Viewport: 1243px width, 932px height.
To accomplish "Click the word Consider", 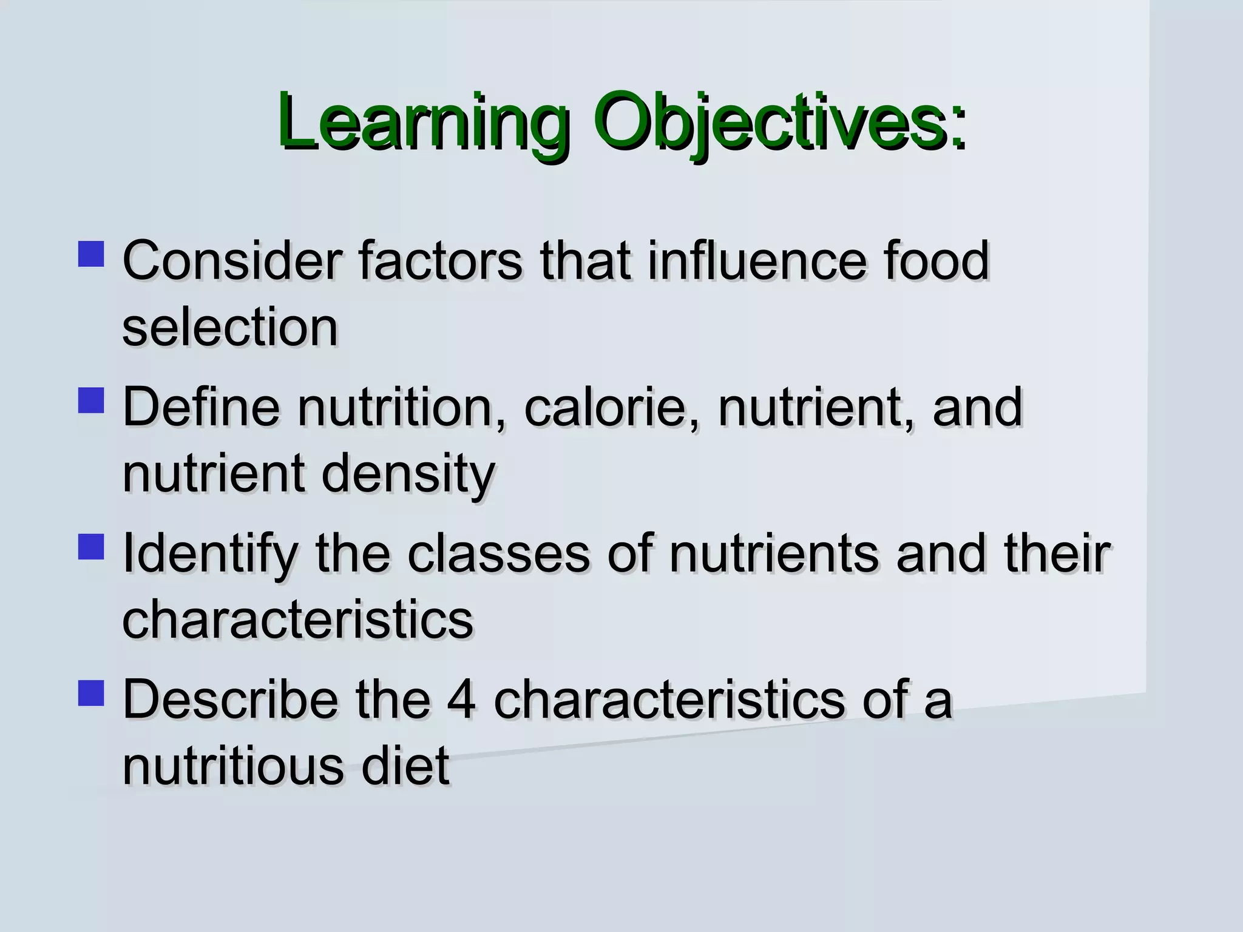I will pyautogui.click(x=232, y=261).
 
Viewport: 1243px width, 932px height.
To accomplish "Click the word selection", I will pyautogui.click(x=230, y=328).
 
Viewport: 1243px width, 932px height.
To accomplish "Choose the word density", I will pyautogui.click(x=408, y=474).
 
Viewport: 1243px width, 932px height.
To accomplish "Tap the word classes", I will pyautogui.click(x=498, y=553).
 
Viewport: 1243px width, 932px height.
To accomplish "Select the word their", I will pyautogui.click(x=1057, y=553).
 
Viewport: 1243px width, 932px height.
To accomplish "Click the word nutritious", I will pyautogui.click(x=233, y=766).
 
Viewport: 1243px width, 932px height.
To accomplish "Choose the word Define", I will pyautogui.click(x=201, y=407).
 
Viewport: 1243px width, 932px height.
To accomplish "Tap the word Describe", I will pyautogui.click(x=230, y=700).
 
